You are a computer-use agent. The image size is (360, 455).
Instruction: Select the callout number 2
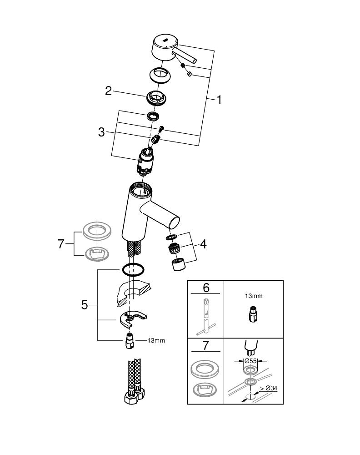pos(108,91)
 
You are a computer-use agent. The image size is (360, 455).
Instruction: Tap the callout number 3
pos(101,132)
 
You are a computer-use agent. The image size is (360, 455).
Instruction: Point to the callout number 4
pos(203,244)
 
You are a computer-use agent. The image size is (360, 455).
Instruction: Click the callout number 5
pos(85,304)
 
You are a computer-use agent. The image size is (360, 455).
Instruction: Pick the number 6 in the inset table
pos(206,288)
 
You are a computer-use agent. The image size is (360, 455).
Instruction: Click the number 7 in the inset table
pos(206,345)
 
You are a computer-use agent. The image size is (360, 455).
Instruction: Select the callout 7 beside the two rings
pos(62,244)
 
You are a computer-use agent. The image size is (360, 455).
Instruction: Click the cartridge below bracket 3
pos(146,162)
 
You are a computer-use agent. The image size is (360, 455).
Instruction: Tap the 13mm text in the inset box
pos(254,296)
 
